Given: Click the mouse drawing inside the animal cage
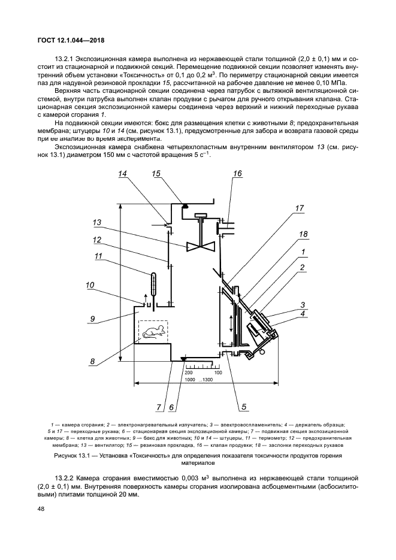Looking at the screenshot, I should (x=153, y=332).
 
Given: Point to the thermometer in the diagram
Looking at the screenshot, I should (x=153, y=284).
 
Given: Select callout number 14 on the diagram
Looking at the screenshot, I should (x=123, y=174).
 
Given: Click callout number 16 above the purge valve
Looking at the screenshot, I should (x=237, y=174).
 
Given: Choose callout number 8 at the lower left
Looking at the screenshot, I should (x=92, y=361).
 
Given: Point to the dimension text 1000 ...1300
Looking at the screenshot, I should (x=199, y=380).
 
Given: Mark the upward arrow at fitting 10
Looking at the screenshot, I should (x=143, y=297).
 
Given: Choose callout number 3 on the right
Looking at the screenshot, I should (x=303, y=304).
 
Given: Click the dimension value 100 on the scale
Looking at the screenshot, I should (x=218, y=373).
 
